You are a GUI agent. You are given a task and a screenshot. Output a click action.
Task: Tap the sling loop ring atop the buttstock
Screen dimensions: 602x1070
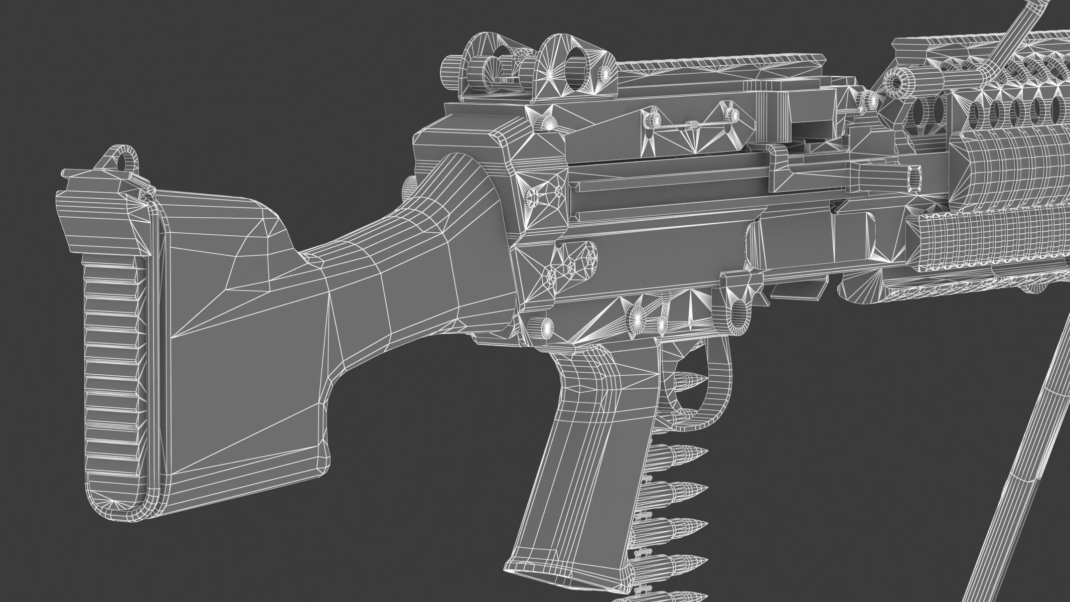tap(122, 160)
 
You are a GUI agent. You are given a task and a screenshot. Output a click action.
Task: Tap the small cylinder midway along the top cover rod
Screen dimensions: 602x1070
tap(693, 125)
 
